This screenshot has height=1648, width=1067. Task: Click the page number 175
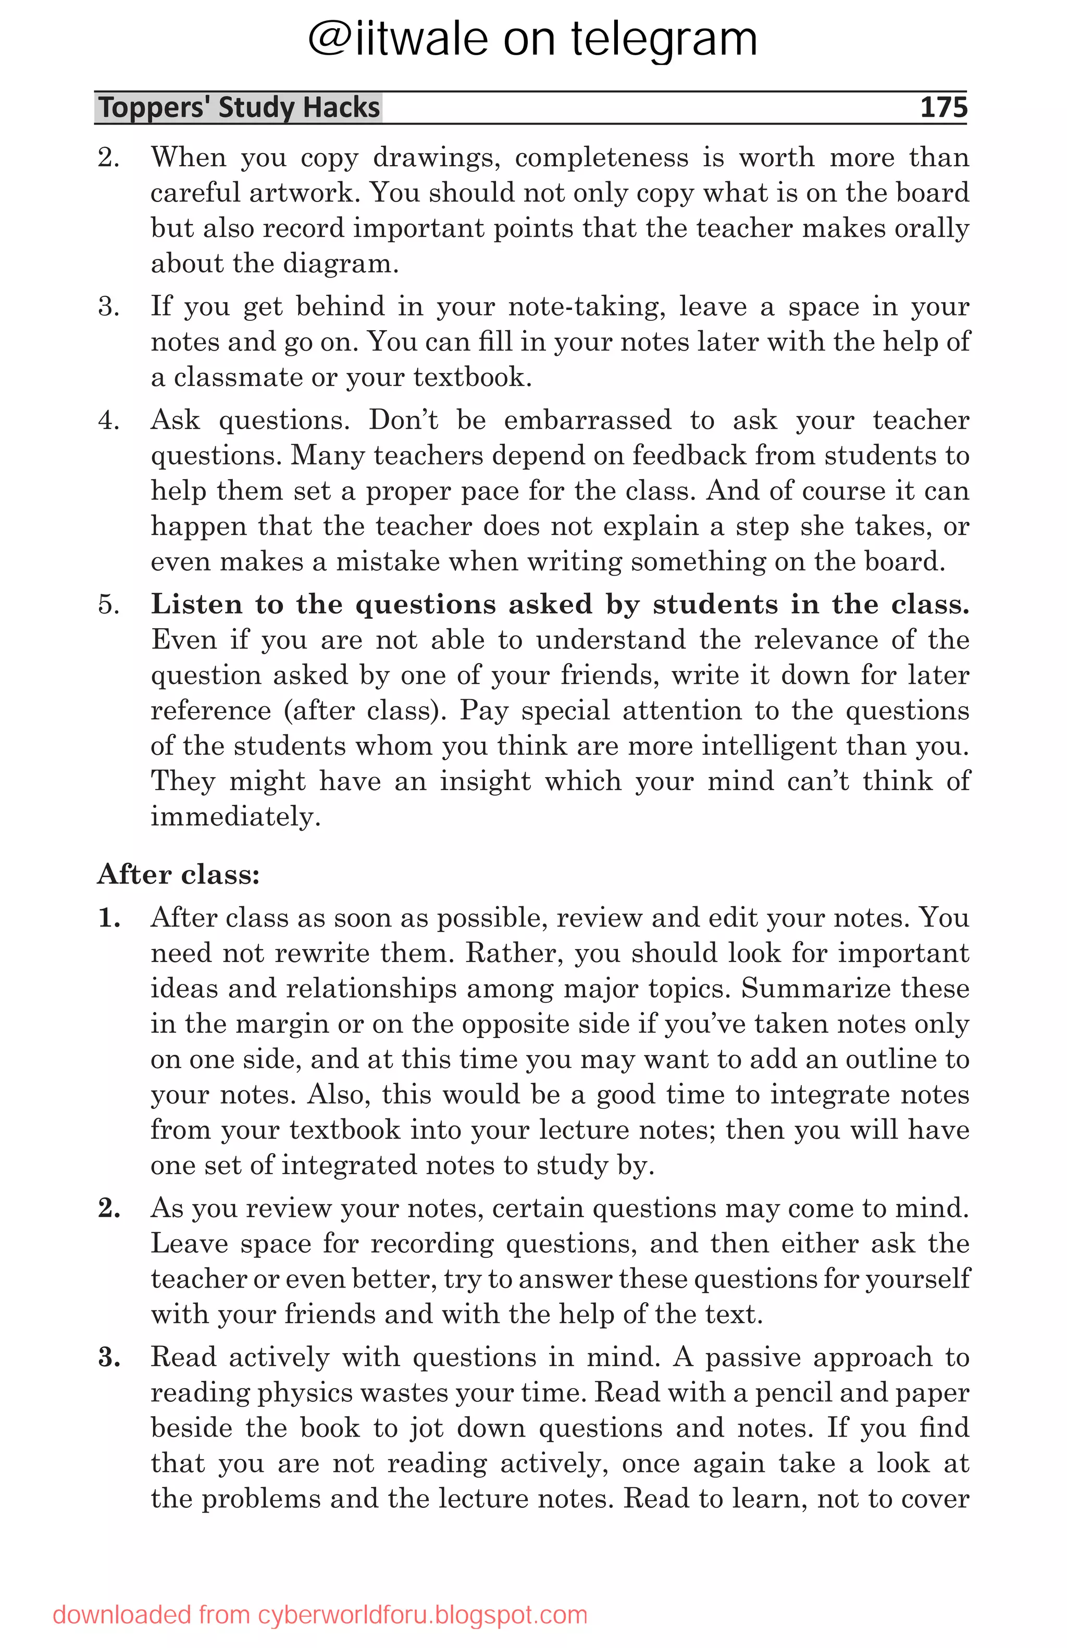[942, 107]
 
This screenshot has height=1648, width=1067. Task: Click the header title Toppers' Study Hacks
[239, 107]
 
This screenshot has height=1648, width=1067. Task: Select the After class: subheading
[178, 874]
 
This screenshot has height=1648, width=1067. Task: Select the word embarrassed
[587, 420]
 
